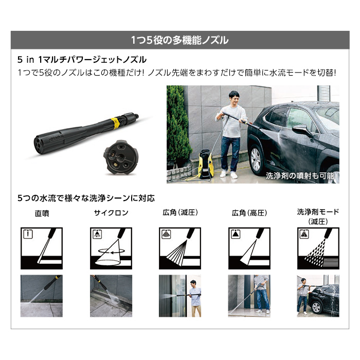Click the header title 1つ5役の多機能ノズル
point(180,40)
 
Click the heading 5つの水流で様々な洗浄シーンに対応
point(86,197)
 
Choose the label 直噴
point(41,213)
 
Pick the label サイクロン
point(111,213)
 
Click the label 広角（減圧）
point(179,213)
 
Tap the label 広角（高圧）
point(249,213)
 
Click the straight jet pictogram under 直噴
point(41,248)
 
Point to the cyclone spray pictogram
point(111,248)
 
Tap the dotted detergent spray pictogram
point(318,248)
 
